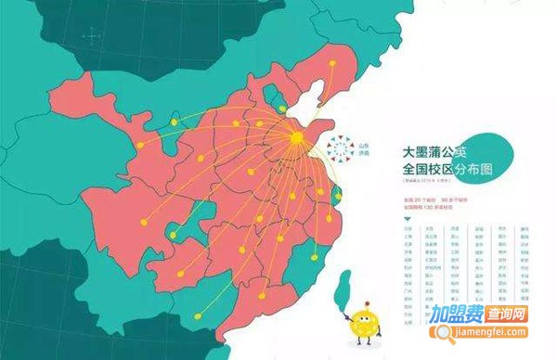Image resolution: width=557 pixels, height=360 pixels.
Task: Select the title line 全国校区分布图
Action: [x=445, y=170]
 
